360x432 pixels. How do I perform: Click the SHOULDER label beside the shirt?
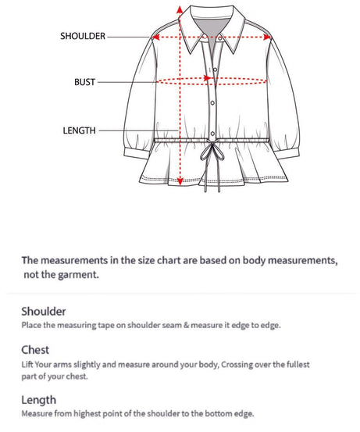[83, 36]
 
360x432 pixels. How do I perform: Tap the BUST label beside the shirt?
[84, 82]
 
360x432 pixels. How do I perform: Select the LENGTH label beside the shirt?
[80, 130]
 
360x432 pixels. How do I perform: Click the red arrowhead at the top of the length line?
[180, 9]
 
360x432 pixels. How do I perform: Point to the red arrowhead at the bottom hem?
[180, 181]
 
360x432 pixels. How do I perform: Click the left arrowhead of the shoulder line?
[155, 37]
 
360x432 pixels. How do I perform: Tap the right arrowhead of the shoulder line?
[267, 37]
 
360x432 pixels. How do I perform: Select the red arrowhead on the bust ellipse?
[207, 78]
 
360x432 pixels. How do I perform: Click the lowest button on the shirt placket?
[212, 134]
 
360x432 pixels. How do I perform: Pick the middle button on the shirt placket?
[212, 103]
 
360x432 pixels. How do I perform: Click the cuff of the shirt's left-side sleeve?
[137, 153]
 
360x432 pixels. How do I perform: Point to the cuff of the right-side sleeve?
[287, 153]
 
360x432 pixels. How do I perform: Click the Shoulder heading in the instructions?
[44, 312]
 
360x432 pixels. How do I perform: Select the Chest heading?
[35, 350]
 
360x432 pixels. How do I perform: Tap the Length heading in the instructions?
[39, 400]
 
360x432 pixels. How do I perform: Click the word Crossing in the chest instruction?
[237, 365]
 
